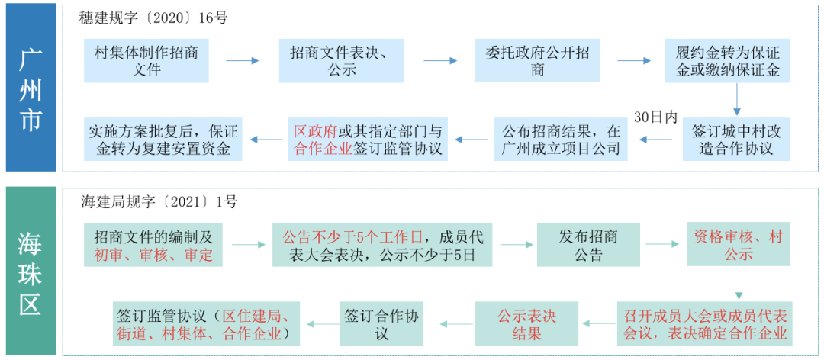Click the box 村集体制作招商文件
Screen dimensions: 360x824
(x=146, y=61)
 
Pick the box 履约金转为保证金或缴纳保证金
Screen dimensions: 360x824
(x=727, y=61)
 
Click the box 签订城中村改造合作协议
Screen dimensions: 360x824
(x=735, y=140)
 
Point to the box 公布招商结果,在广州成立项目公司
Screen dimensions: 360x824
(x=561, y=140)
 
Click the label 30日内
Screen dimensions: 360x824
(x=655, y=117)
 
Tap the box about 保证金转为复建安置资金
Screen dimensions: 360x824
(x=163, y=140)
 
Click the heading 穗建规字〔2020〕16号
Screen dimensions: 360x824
(x=153, y=18)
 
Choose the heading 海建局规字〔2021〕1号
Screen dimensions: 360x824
(x=159, y=202)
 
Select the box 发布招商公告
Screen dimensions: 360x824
(x=588, y=245)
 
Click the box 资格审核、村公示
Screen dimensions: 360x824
(x=738, y=245)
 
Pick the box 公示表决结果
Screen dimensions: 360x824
(x=527, y=324)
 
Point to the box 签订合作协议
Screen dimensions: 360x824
(x=382, y=324)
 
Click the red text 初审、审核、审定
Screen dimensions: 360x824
(x=153, y=255)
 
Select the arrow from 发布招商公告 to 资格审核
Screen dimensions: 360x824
(x=662, y=245)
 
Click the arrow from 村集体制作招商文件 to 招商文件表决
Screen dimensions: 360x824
(x=243, y=61)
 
